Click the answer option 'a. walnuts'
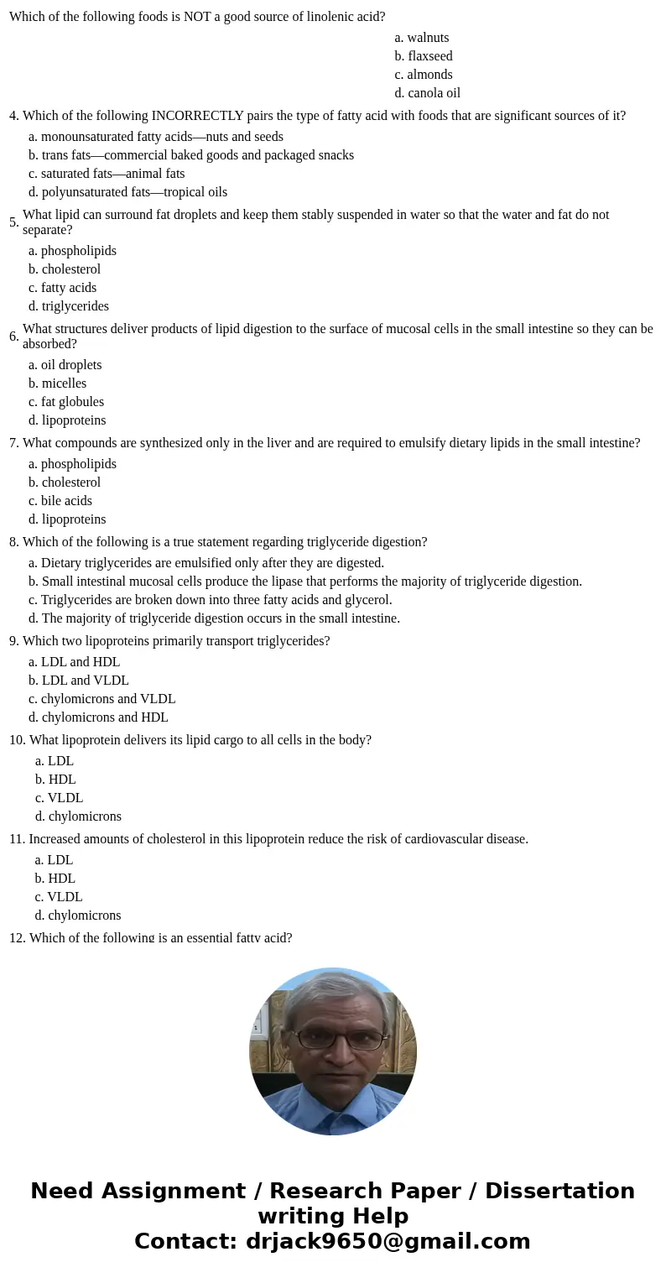[421, 38]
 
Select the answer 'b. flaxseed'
[424, 56]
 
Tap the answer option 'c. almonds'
[424, 75]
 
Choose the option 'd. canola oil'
[427, 93]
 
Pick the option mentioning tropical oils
[127, 192]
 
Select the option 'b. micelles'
[57, 383]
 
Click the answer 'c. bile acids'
[60, 501]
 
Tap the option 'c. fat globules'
[66, 402]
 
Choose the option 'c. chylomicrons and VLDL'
[101, 699]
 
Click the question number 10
[17, 740]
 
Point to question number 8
[13, 542]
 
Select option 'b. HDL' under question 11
[55, 879]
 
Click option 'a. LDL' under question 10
[54, 761]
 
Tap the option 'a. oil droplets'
[65, 365]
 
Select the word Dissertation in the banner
[559, 1192]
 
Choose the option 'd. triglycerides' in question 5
[69, 306]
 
